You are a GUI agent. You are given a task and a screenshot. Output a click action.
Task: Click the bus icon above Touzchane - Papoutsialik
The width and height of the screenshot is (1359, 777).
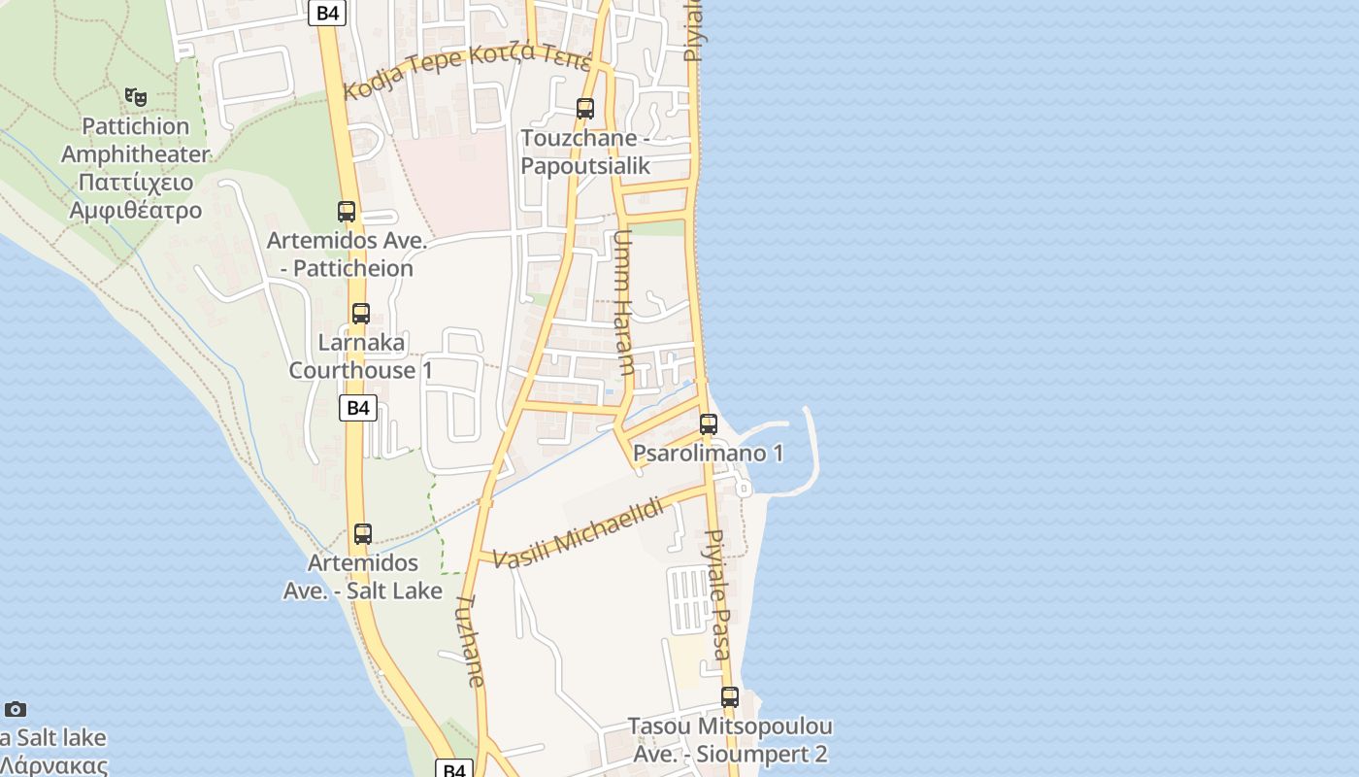[585, 108]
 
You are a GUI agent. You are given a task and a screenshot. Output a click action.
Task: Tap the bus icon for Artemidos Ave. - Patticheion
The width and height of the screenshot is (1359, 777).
[347, 211]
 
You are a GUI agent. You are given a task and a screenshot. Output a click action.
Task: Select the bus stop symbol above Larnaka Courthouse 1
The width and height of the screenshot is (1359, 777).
[361, 313]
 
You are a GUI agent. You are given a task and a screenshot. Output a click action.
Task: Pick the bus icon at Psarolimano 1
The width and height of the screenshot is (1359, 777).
[709, 423]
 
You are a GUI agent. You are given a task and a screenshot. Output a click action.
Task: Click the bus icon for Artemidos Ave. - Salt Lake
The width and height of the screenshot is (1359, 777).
[363, 533]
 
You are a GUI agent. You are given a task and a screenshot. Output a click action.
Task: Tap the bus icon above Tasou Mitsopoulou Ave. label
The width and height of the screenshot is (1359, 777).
[730, 696]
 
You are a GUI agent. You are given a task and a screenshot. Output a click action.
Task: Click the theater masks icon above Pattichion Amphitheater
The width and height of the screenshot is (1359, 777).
[136, 96]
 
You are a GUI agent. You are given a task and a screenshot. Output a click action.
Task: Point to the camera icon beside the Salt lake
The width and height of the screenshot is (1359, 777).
[16, 709]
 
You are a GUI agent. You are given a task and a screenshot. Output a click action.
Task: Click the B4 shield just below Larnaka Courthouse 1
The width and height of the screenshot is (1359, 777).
[358, 408]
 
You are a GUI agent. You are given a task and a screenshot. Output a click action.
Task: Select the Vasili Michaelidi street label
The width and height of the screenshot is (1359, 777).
[580, 534]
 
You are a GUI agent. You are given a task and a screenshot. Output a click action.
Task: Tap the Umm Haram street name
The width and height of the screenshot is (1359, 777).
[623, 302]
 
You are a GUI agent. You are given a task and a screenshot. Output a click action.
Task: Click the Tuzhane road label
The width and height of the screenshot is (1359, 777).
[469, 641]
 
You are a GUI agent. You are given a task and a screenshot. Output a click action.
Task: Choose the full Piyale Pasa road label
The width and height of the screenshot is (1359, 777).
[717, 594]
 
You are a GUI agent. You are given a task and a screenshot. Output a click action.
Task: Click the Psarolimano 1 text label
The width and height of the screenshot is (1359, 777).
[708, 454]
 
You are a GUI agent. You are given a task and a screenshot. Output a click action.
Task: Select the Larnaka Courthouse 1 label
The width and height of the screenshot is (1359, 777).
[360, 356]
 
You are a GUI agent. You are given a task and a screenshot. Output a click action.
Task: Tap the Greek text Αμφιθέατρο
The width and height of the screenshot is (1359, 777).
[135, 211]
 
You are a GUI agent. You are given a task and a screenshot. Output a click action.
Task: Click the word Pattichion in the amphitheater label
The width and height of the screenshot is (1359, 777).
[135, 126]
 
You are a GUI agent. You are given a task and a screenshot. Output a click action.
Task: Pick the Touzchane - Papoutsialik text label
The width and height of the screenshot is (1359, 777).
[585, 152]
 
